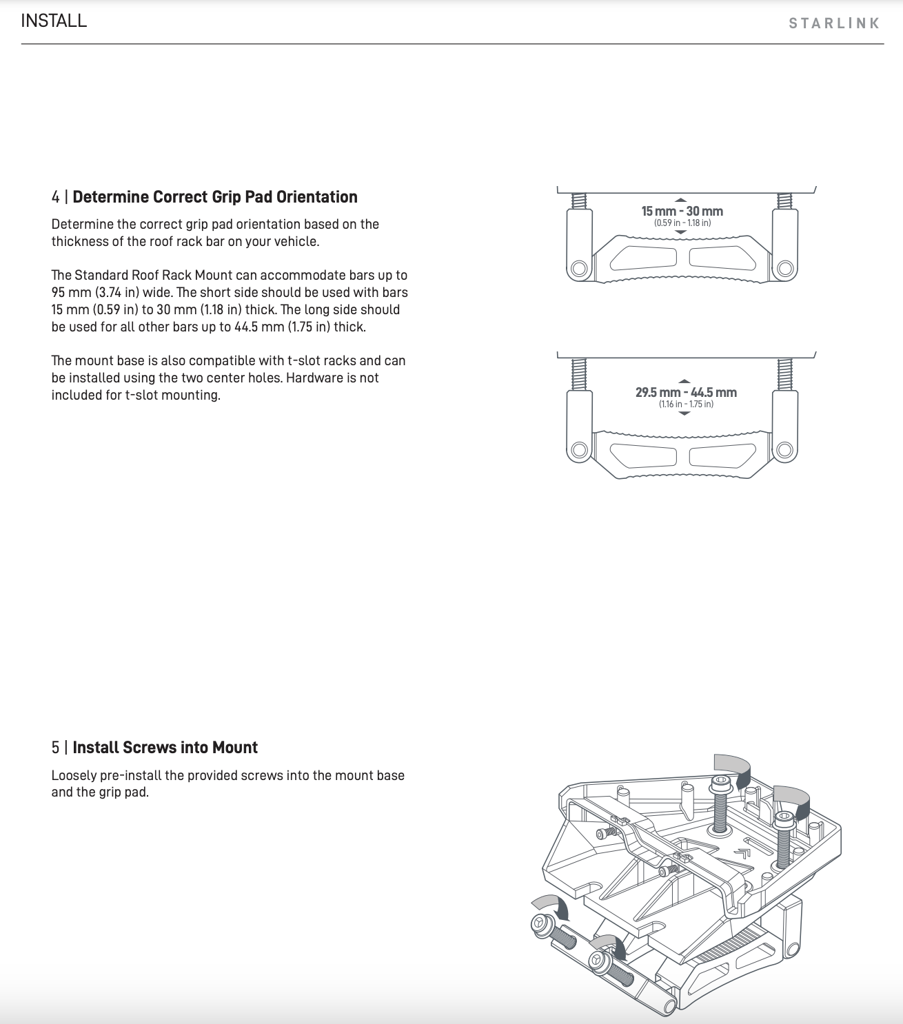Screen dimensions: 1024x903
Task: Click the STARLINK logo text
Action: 834,23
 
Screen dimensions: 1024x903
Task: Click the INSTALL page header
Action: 54,21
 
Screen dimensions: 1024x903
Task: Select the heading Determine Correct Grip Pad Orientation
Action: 214,197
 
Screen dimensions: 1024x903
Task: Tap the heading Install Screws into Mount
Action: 165,748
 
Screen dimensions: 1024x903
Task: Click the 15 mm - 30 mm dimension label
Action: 682,212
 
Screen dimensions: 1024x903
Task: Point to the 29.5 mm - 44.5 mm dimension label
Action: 686,392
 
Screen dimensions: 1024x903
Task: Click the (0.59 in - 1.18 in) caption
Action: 682,223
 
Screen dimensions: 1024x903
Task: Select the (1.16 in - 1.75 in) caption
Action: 686,404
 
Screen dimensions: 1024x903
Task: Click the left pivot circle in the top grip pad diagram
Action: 579,267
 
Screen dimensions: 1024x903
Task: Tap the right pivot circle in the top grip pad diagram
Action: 784,267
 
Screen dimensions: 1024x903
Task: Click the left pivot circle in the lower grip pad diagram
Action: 579,451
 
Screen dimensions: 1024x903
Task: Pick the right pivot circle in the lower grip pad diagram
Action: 784,451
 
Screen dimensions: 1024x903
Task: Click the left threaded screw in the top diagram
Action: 579,200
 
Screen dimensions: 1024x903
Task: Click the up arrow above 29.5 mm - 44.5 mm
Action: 684,380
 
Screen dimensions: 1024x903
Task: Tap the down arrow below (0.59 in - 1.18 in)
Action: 681,233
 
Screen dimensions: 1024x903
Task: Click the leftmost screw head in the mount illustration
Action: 539,925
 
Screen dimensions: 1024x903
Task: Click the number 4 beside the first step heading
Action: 55,197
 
